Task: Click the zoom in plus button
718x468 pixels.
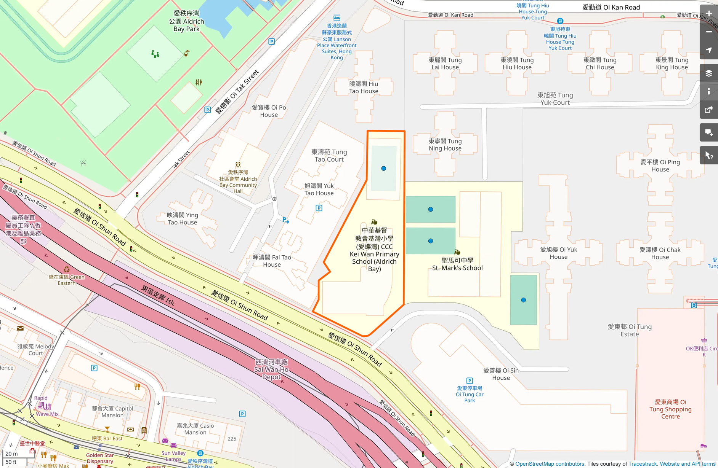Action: click(x=709, y=14)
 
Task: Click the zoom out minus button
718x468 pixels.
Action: click(x=709, y=32)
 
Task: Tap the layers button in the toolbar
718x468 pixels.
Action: click(x=709, y=73)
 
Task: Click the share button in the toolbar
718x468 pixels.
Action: click(x=709, y=110)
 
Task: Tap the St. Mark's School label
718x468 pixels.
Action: click(x=457, y=264)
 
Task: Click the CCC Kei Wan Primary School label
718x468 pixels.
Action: click(x=374, y=250)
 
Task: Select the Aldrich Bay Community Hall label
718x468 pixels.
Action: click(x=238, y=182)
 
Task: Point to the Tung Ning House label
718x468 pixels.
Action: click(x=445, y=145)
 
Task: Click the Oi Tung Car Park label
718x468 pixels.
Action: click(x=470, y=394)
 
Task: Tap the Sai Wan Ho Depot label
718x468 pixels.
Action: click(x=271, y=369)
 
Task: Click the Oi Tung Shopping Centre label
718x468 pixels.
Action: click(x=670, y=409)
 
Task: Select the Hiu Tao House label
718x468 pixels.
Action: click(x=364, y=88)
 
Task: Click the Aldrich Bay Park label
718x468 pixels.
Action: click(x=186, y=21)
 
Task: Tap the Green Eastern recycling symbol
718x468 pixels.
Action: click(x=67, y=269)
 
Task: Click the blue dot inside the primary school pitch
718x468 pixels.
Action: click(x=384, y=168)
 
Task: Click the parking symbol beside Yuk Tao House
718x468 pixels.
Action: click(x=319, y=208)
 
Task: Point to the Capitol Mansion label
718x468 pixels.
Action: click(x=112, y=412)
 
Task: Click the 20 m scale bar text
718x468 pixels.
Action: click(x=12, y=454)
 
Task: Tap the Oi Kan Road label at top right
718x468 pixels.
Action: click(x=611, y=7)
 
